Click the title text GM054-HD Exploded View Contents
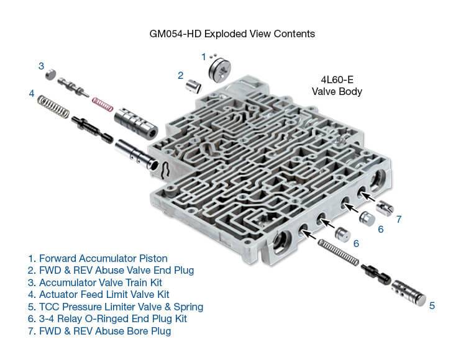[x=232, y=33]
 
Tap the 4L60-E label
[x=337, y=80]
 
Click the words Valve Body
[x=337, y=91]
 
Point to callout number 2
[x=180, y=76]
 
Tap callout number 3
[x=40, y=65]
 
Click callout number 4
[x=32, y=94]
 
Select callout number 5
[x=431, y=305]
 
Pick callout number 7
[x=399, y=218]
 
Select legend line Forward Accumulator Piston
[x=97, y=258]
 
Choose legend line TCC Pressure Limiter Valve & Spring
[x=115, y=307]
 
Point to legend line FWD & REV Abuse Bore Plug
[x=99, y=331]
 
